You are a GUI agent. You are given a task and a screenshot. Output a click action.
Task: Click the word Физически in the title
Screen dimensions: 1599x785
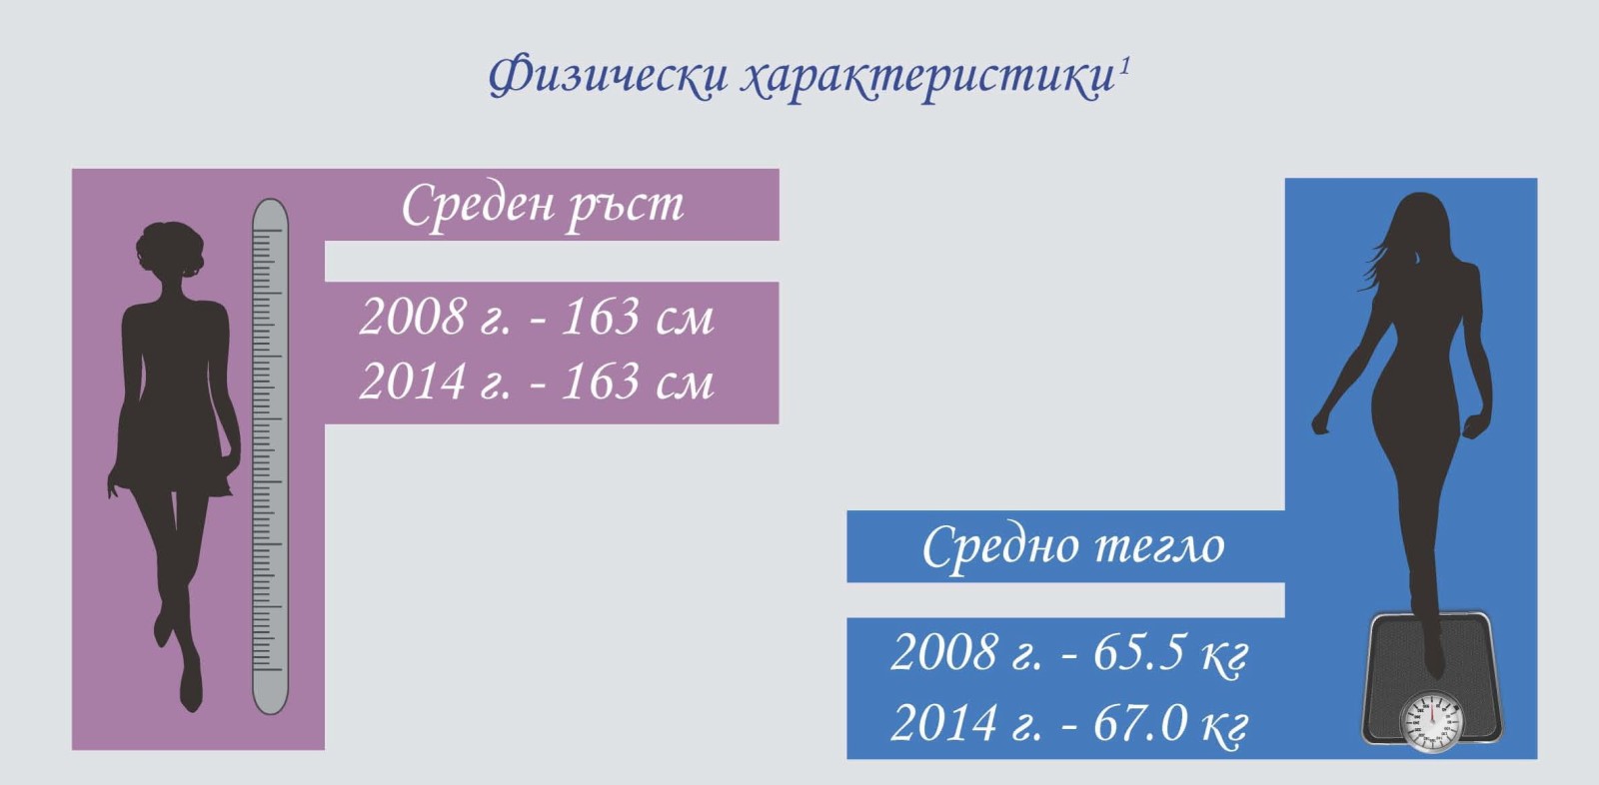[608, 75]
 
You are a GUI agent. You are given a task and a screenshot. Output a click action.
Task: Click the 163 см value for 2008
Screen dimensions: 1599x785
[638, 317]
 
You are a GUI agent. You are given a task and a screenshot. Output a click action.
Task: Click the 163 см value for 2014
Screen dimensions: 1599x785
[638, 382]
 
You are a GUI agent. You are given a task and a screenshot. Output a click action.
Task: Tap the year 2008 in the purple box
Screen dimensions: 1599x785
[413, 317]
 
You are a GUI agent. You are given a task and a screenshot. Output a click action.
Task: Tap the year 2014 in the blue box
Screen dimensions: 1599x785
[943, 723]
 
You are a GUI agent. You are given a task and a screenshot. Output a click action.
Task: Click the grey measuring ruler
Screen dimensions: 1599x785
[271, 456]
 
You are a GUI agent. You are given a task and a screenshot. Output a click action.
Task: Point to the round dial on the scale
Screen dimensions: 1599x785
[1431, 721]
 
